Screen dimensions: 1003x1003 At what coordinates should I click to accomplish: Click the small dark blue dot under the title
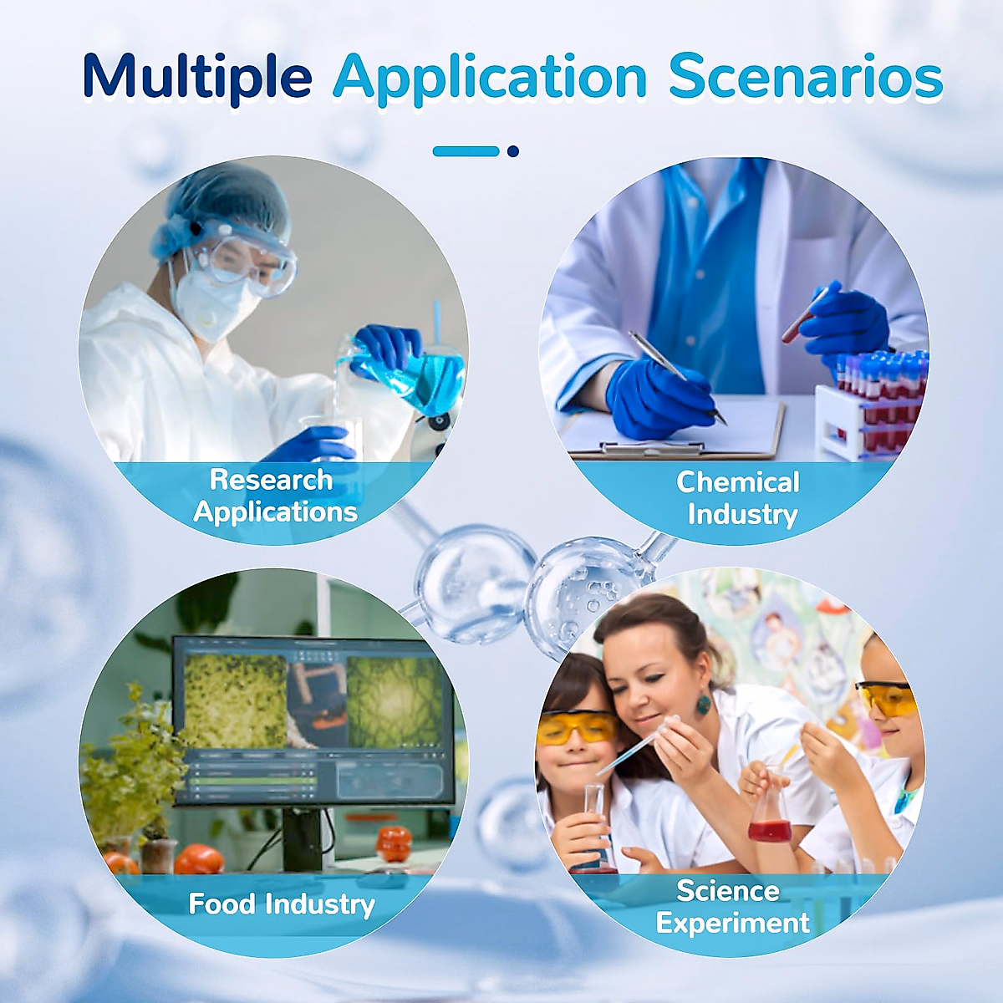click(x=512, y=151)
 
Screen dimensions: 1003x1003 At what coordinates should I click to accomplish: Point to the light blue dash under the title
click(x=466, y=151)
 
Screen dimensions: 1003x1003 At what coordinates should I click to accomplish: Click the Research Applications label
click(x=274, y=496)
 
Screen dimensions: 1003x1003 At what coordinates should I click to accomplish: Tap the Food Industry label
click(x=282, y=904)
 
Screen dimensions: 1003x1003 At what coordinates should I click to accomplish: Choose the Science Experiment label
click(x=733, y=906)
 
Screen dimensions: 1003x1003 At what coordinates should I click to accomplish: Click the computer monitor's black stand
click(x=302, y=838)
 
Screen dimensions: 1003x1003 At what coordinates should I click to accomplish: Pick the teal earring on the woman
click(x=703, y=704)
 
